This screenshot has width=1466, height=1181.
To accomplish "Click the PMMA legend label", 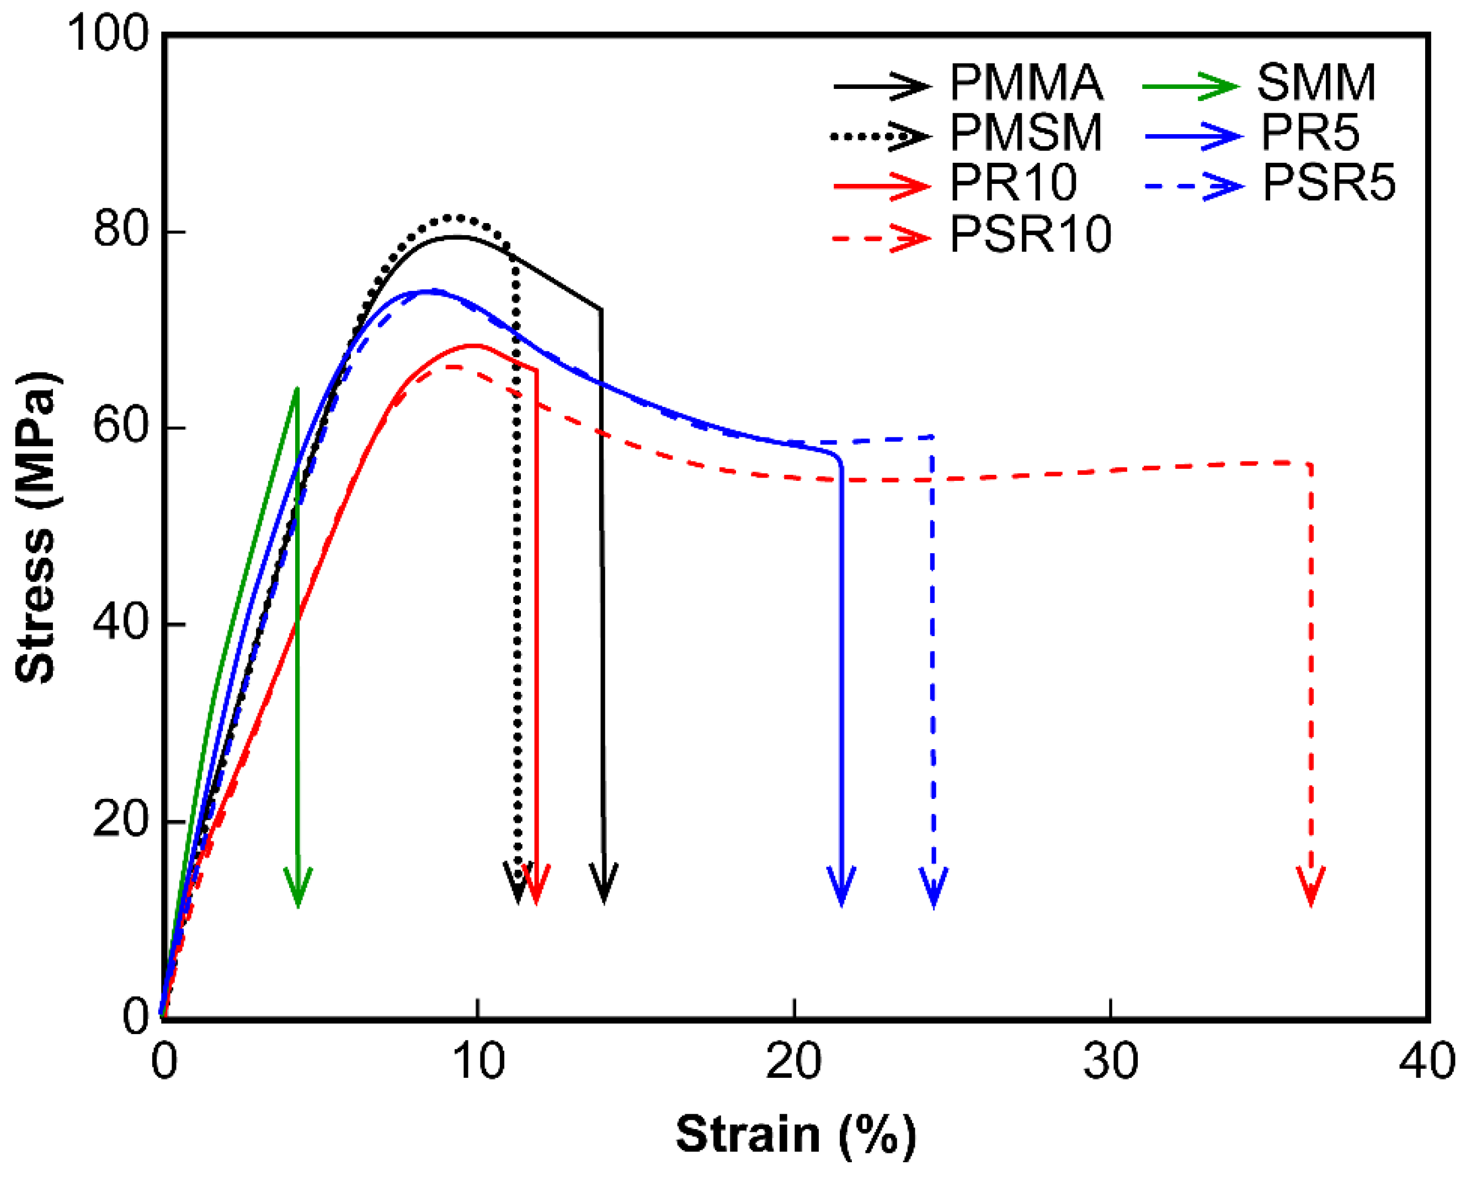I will pos(1025,84).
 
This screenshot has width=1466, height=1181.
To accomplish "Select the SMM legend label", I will pos(1316,84).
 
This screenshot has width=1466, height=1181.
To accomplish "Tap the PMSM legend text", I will pos(1025,134).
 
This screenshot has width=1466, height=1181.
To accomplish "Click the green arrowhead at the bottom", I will pos(298,888).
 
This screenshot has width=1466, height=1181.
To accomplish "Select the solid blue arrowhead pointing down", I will pos(842,888).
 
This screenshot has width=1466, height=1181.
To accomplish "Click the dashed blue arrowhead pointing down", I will pos(934,888).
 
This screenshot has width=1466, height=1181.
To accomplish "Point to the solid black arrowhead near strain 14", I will pos(604,885).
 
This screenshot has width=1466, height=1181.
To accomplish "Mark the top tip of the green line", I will pos(296,389).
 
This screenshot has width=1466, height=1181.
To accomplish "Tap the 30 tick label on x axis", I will pos(1110,1061).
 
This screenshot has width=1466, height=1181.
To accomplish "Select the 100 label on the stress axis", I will pos(109,34).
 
